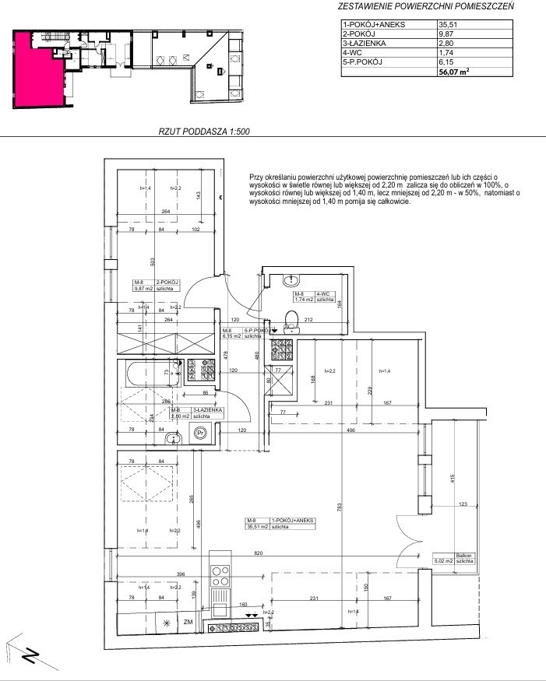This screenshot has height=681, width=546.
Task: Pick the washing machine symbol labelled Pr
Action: (x=200, y=434)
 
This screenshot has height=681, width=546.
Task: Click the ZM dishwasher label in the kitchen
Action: (x=188, y=623)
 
